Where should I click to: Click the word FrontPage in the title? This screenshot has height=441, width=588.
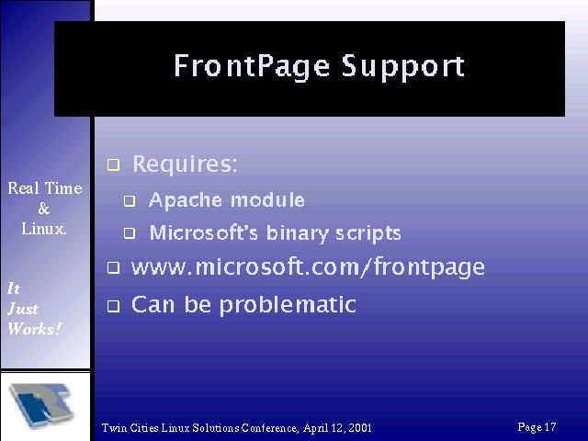pos(252,67)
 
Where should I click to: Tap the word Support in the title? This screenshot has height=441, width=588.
pos(403,67)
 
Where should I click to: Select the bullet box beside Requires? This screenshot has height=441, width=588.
pos(113,165)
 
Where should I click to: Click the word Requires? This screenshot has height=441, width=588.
pos(185,164)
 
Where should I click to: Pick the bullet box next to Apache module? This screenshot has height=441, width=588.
pos(130,201)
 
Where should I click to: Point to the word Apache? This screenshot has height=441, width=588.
pos(186,200)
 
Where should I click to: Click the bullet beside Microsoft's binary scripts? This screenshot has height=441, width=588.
pos(130,233)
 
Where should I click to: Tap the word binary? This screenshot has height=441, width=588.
pos(298,233)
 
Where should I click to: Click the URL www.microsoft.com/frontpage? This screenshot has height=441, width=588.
pos(308,267)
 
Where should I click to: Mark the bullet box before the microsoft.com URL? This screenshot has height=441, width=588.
pos(113,267)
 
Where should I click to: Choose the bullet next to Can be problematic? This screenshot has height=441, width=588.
pos(113,306)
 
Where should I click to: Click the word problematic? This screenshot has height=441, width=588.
pos(288,305)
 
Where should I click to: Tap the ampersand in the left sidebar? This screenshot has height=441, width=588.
pos(44,209)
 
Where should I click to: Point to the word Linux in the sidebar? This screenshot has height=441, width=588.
pos(42,229)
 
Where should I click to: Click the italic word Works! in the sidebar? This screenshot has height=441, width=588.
pos(34,329)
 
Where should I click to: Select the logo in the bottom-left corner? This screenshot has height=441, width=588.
pos(40,405)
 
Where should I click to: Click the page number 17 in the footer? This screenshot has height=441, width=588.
pos(550,426)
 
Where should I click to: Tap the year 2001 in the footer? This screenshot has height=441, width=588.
pos(360,428)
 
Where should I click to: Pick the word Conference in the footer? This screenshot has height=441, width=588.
pos(269,428)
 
